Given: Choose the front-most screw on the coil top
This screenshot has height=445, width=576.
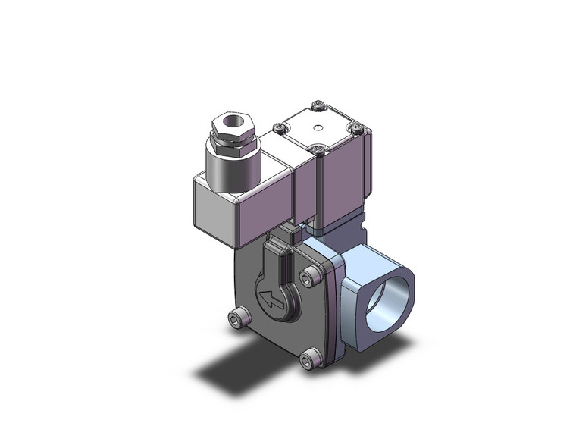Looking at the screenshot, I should click(x=319, y=150).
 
